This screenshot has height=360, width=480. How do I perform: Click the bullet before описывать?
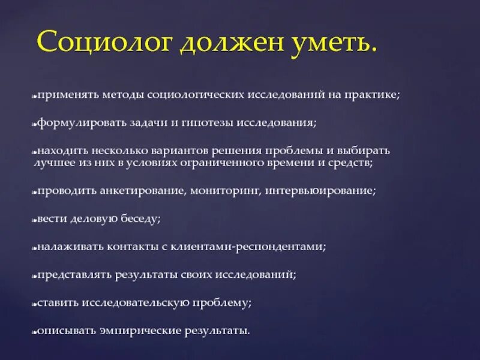34,332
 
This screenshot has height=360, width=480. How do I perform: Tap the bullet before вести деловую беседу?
34,220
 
